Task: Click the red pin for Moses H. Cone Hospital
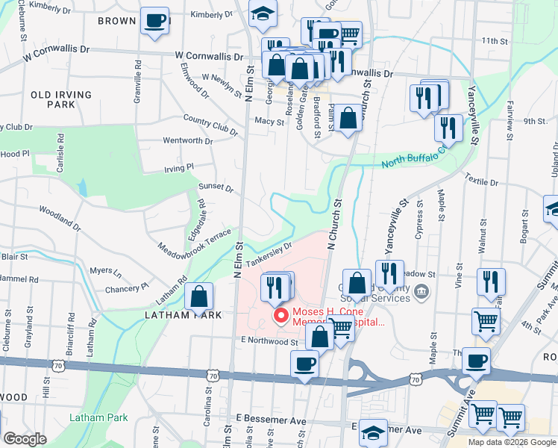(281, 317)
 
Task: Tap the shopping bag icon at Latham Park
(200, 297)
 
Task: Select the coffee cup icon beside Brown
(154, 21)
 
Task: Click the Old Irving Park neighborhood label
(61, 99)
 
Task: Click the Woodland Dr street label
(59, 218)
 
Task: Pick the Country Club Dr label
(210, 125)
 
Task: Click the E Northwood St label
(269, 341)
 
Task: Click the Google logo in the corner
(26, 439)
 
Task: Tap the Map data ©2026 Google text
(512, 442)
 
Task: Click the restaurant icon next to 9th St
(448, 127)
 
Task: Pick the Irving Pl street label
(179, 168)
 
